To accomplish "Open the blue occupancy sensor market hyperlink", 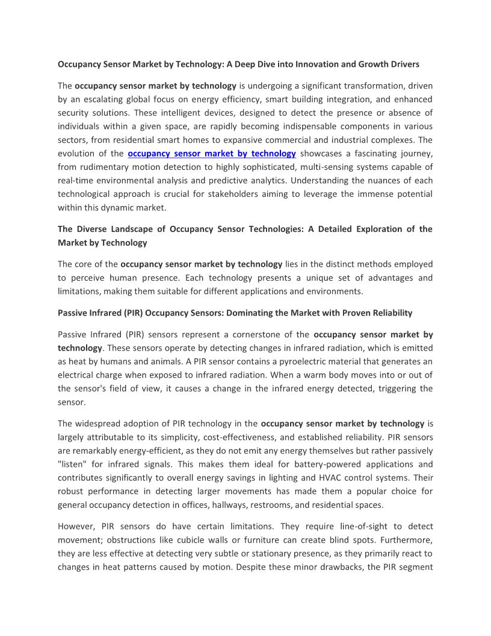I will point(212,154).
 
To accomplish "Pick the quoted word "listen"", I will point(73,464).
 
